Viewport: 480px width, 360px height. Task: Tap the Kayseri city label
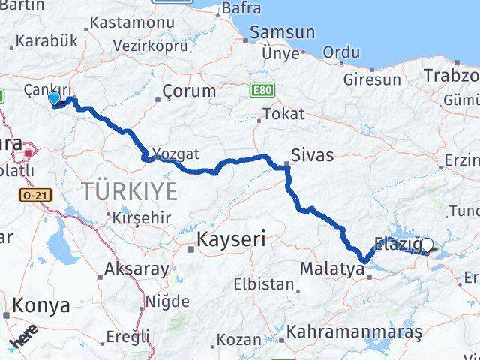[x=231, y=240]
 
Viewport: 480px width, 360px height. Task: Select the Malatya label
[x=326, y=268]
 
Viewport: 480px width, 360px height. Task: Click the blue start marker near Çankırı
[x=54, y=97]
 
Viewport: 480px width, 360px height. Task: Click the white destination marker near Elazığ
[x=427, y=244]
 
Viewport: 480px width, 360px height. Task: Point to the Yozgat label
[x=175, y=154]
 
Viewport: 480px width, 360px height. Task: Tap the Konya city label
[x=41, y=306]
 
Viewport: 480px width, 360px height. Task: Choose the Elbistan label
[x=263, y=284]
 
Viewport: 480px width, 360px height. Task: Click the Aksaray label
[x=136, y=268]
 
